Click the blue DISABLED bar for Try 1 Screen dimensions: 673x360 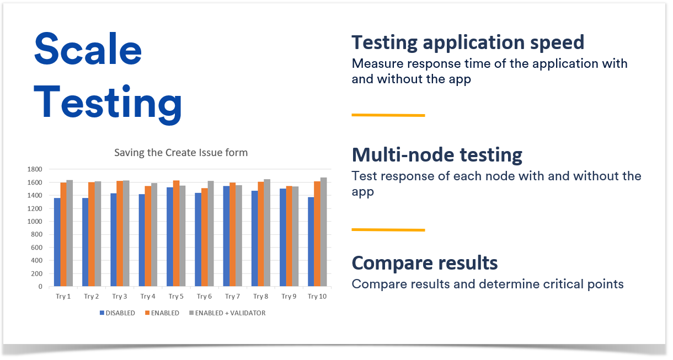[57, 242]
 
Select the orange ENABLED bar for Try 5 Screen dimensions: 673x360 [177, 233]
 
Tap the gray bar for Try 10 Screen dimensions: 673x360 [324, 232]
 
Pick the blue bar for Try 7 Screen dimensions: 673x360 [226, 236]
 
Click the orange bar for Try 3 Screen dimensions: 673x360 [120, 234]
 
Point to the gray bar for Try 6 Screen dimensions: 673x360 [211, 234]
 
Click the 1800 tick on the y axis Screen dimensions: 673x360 [35, 169]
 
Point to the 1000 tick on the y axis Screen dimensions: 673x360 [35, 222]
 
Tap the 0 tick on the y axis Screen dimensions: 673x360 [40, 287]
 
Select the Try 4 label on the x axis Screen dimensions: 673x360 [148, 297]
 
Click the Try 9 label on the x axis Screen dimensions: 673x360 [289, 297]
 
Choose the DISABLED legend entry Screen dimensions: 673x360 [117, 313]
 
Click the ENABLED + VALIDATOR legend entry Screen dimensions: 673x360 [227, 313]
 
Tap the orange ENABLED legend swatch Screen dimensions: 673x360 [147, 313]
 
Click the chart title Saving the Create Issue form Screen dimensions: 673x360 [181, 153]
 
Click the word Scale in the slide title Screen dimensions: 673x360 [88, 49]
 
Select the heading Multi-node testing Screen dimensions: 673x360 [437, 155]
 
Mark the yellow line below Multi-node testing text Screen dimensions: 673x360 [388, 230]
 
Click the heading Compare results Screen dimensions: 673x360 [425, 263]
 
